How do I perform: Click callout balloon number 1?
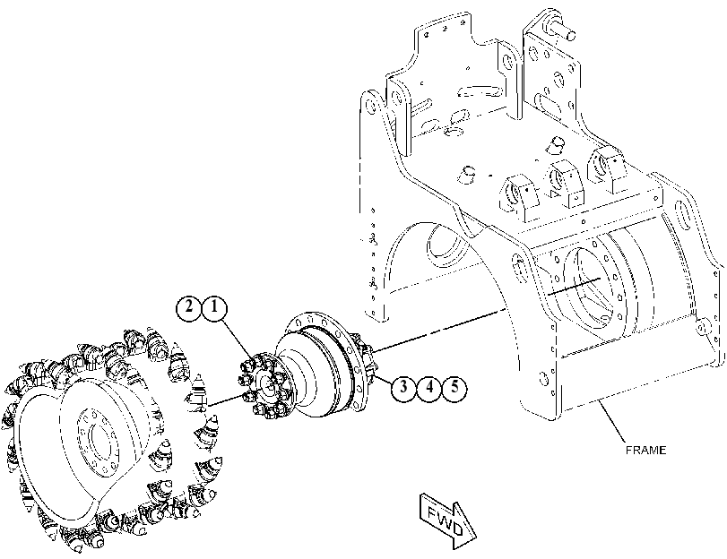point(213,307)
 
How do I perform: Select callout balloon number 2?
point(189,307)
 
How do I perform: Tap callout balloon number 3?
point(403,386)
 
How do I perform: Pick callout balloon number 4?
point(428,386)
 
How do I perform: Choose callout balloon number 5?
point(454,386)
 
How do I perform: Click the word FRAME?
point(645,450)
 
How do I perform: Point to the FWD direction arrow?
point(447,520)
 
